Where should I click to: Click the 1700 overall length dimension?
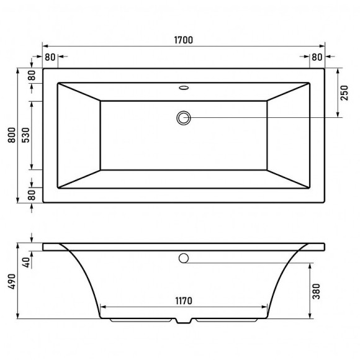coord(184,40)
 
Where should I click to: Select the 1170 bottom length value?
coord(184,301)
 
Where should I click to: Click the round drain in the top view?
coord(184,117)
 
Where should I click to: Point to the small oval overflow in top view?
coord(184,88)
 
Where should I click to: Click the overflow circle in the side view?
coord(184,258)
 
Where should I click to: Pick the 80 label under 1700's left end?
coord(50,57)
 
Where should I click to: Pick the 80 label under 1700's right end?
coord(317,57)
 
